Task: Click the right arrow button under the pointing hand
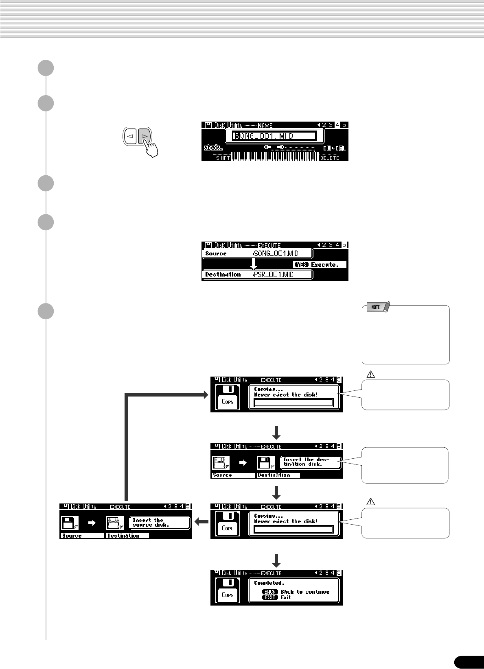point(145,137)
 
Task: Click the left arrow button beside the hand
point(131,137)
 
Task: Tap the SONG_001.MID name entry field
point(274,136)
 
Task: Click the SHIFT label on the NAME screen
point(223,158)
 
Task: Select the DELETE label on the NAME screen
point(329,158)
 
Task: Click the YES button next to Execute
point(301,265)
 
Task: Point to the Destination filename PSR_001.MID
point(273,275)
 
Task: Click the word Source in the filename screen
point(216,254)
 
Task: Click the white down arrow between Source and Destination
point(254,264)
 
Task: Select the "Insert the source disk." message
point(159,523)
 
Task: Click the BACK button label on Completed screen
point(270,592)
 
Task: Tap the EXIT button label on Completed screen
point(270,597)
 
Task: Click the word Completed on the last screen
point(269,583)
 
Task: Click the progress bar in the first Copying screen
point(293,403)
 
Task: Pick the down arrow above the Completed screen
point(276,560)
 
